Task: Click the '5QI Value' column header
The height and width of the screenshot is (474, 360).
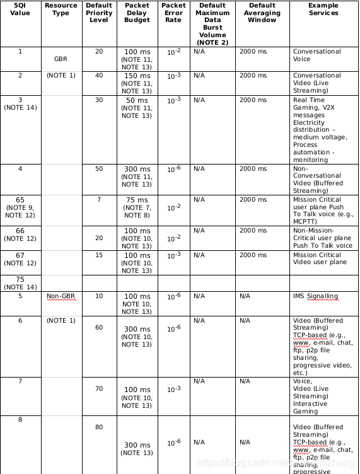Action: [20, 9]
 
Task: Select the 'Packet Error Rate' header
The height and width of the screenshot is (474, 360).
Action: [173, 13]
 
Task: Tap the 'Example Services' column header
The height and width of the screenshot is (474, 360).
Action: [323, 9]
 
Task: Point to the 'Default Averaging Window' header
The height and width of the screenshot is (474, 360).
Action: [262, 13]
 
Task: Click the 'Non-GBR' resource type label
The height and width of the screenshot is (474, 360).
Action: [61, 296]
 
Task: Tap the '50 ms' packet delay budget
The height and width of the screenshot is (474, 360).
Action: [137, 100]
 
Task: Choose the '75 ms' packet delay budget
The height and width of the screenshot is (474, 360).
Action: [137, 200]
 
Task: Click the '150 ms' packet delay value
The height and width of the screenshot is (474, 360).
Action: [137, 76]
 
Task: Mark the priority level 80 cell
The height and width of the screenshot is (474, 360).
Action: [99, 427]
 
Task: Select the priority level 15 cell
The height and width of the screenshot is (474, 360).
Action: [99, 255]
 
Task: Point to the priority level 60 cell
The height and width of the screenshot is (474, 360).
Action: [99, 328]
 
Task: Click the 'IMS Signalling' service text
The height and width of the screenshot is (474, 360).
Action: [315, 296]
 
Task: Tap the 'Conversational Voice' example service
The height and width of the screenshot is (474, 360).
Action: [316, 55]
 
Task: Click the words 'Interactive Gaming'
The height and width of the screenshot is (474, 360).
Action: [310, 408]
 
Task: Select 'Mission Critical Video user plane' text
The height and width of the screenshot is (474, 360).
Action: [320, 258]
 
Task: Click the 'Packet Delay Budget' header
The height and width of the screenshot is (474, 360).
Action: [137, 13]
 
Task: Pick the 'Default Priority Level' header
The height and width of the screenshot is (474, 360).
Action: [99, 13]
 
